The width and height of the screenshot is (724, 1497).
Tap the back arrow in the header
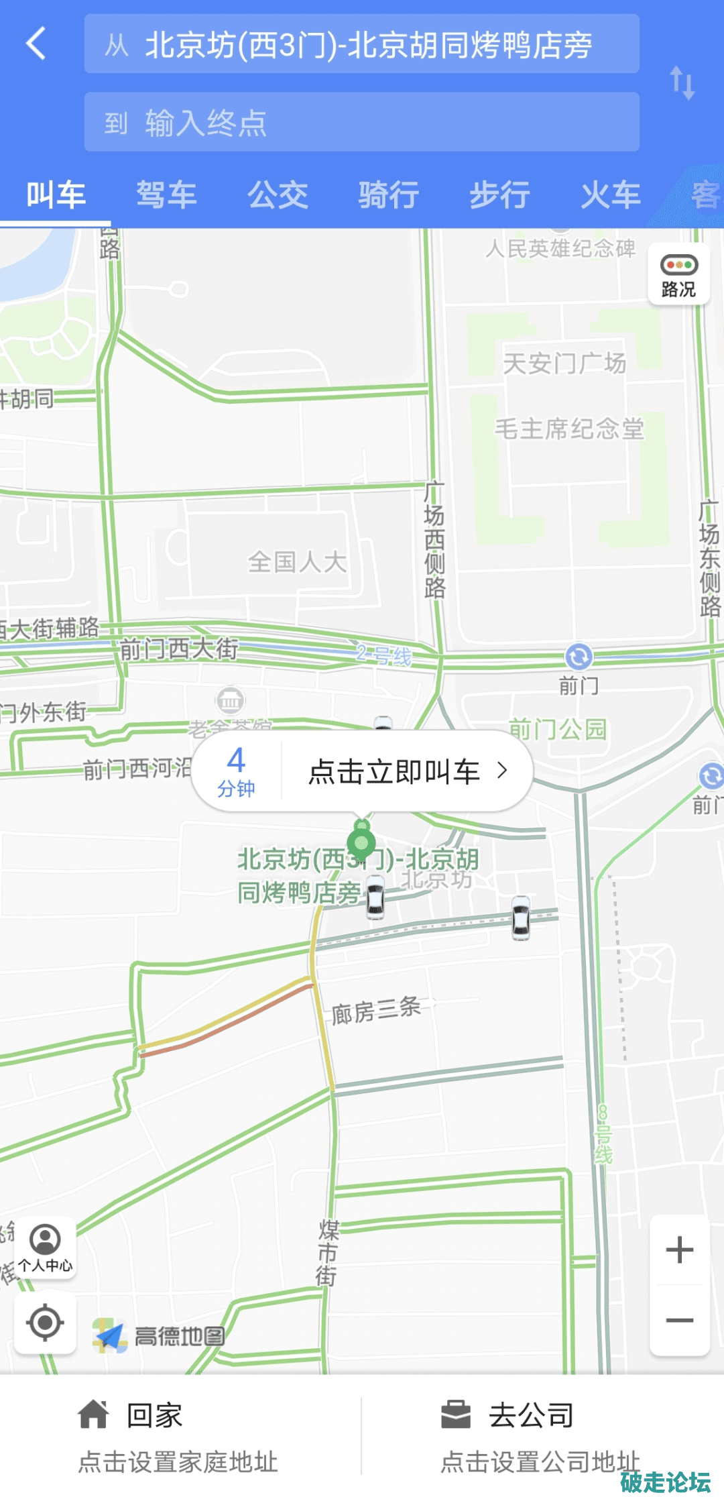37,44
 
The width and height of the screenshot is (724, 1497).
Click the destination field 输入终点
361,122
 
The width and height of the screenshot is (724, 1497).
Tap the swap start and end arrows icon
682,82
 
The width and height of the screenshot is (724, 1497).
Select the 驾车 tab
166,195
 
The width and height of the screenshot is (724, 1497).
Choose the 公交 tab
278,195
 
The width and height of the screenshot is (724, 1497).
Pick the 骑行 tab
389,195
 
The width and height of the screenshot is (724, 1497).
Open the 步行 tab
499,195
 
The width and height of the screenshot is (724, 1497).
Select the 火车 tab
610,195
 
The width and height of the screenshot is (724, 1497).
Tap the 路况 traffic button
678,275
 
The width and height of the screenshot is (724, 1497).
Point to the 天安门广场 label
564,364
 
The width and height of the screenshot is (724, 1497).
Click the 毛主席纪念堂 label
569,429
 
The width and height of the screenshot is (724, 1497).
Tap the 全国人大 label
298,561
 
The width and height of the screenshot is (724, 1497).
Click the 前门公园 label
558,729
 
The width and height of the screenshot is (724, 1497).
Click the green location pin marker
361,842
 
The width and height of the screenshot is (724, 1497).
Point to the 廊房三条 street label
376,1009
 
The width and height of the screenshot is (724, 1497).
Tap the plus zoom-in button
679,1250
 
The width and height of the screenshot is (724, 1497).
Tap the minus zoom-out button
679,1321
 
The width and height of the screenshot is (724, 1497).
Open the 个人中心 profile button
45,1247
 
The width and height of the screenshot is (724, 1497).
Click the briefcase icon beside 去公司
456,1415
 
